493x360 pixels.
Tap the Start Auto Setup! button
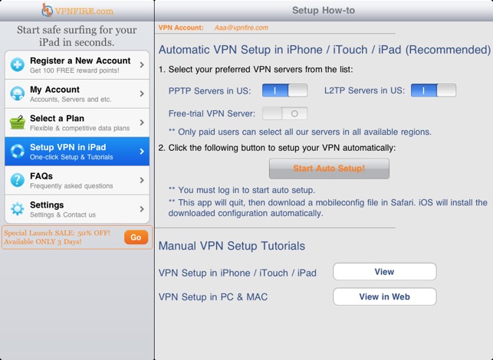click(x=329, y=169)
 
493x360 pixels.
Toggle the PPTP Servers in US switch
click(x=284, y=90)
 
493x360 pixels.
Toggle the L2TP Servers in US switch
click(x=433, y=90)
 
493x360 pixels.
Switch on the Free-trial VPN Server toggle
click(x=284, y=113)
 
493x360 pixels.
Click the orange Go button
click(x=136, y=237)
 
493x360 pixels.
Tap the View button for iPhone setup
click(x=385, y=272)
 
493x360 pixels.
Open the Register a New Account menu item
click(x=77, y=64)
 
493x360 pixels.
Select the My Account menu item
click(x=77, y=93)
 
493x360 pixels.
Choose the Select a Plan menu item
click(x=77, y=123)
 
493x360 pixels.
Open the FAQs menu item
click(x=77, y=180)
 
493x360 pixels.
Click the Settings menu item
click(x=77, y=209)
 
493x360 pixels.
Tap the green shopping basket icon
click(x=18, y=123)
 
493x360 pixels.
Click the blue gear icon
click(x=18, y=209)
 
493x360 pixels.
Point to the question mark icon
click(x=18, y=180)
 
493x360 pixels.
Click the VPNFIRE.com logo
click(x=77, y=11)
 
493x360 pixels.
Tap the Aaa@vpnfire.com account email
click(x=242, y=28)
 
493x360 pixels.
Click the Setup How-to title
click(x=324, y=11)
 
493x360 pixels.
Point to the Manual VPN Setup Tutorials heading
click(x=232, y=246)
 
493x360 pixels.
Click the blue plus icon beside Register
click(x=18, y=64)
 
